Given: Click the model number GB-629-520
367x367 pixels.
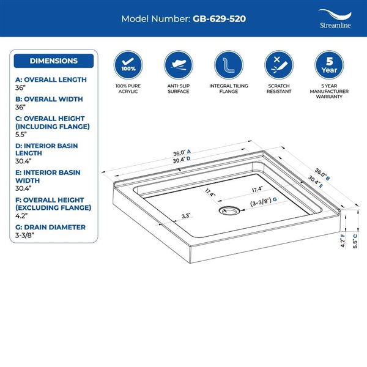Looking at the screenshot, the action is click(x=219, y=19).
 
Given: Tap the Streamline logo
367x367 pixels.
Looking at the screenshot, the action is click(x=335, y=19).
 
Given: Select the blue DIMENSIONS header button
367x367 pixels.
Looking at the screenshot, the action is click(x=54, y=61).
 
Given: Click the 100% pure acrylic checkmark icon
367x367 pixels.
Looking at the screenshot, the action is click(x=128, y=65).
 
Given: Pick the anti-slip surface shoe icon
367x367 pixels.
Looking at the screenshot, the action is click(x=179, y=65).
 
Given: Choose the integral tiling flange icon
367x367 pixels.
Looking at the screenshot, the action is click(x=229, y=65).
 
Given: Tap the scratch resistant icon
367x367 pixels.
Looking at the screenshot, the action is click(x=279, y=65).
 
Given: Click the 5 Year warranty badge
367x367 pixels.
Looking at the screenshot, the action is click(x=329, y=65).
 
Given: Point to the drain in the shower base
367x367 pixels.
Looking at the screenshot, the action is click(x=229, y=210).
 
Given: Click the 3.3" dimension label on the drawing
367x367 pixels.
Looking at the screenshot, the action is click(x=186, y=216).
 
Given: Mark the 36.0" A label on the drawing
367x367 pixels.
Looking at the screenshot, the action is click(x=182, y=152).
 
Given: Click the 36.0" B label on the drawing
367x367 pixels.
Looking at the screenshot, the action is click(x=322, y=174).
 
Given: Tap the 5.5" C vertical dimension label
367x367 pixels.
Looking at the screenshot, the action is click(x=355, y=241).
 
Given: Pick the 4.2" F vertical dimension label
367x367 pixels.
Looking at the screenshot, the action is click(x=343, y=240).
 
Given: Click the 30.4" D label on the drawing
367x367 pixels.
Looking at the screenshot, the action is click(x=182, y=160).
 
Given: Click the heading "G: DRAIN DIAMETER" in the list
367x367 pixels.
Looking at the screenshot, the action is click(x=50, y=228).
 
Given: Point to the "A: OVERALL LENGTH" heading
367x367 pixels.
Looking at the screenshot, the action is click(x=51, y=80).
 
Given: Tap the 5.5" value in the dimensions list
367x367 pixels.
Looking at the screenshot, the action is click(x=21, y=135).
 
